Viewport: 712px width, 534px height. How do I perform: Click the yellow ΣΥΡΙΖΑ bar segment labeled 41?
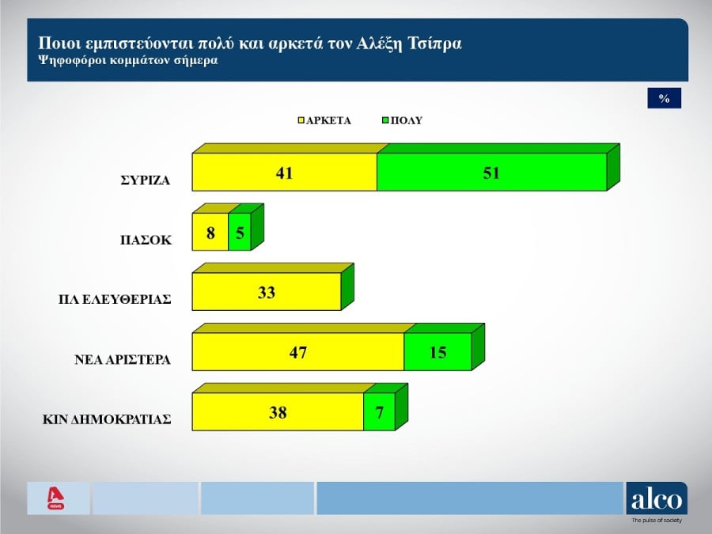285,172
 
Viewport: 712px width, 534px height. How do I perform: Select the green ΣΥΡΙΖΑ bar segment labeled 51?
491,172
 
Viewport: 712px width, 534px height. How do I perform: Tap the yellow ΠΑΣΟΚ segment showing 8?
210,233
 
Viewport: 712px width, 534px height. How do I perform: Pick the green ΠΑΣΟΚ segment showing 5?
240,233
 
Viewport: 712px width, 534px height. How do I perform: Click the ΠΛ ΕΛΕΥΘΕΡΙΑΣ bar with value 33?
267,293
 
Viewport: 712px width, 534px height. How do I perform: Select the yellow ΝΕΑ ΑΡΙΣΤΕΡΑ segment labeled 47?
298,352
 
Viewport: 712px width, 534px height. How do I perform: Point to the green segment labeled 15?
437,352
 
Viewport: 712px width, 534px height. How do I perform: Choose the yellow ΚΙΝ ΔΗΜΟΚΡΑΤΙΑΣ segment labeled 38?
278,412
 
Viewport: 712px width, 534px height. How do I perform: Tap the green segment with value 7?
379,412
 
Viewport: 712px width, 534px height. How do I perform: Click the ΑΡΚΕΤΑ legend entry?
325,121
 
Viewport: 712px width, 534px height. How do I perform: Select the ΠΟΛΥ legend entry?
403,121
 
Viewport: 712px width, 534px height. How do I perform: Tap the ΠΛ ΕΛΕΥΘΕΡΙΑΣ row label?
116,300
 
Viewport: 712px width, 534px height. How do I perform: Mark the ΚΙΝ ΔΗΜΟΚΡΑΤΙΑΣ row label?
107,419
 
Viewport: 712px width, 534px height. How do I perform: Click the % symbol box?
664,99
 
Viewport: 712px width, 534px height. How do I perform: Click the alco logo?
657,500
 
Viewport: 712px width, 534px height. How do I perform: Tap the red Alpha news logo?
55,498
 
